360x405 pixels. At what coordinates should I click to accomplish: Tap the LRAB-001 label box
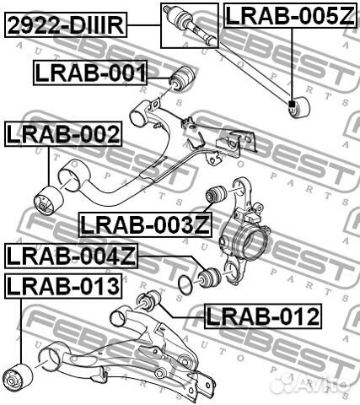point(90,73)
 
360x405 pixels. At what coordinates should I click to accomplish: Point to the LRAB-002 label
point(63,134)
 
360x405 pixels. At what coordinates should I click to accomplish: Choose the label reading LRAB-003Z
point(142,224)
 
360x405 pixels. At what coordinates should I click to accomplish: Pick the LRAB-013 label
point(62,286)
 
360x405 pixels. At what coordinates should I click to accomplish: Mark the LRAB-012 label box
point(263,316)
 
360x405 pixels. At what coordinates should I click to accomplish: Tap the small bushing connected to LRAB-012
point(148,301)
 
